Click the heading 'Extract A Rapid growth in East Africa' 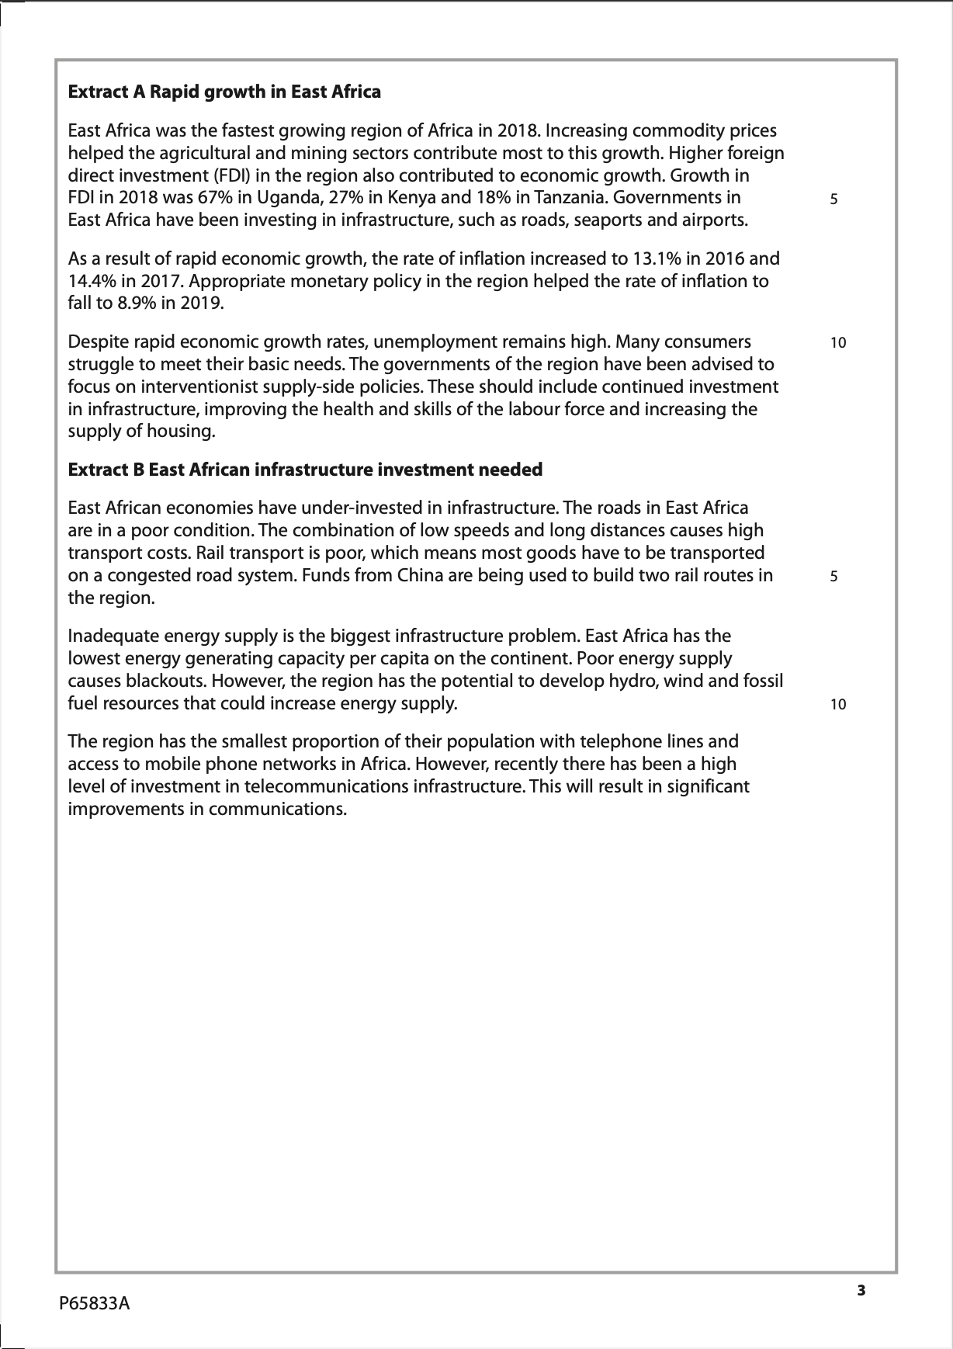tap(224, 92)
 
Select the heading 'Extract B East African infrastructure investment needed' tap(305, 470)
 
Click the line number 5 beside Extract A tap(834, 199)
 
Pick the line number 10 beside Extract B tap(837, 705)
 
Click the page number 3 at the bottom tap(861, 1292)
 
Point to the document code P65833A tap(95, 1304)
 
